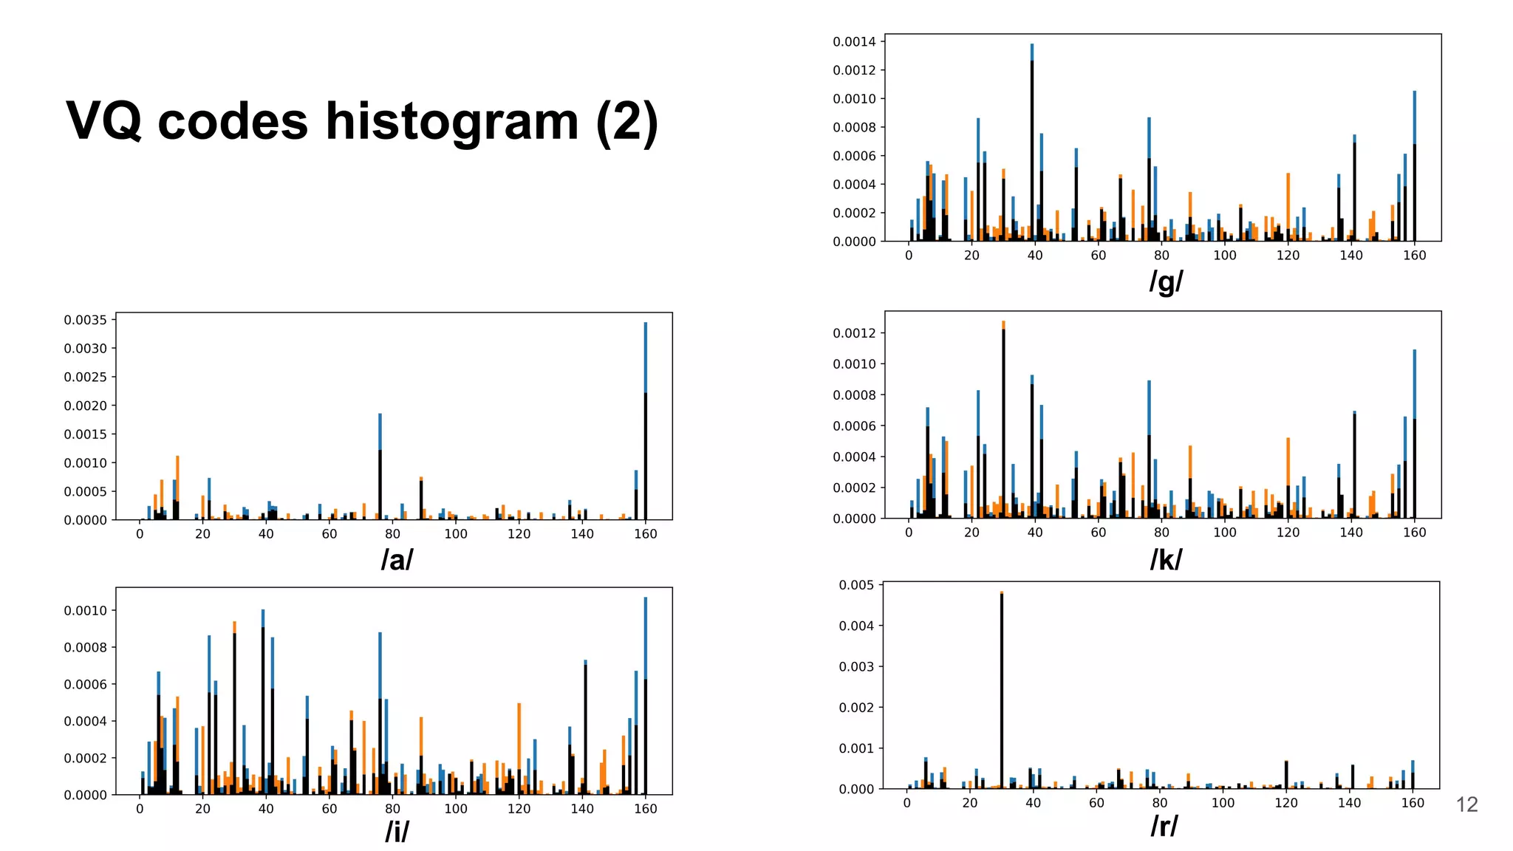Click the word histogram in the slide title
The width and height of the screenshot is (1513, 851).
pos(452,122)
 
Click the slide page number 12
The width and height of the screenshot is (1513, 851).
pos(1466,804)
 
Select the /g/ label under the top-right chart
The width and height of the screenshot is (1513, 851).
pos(1166,281)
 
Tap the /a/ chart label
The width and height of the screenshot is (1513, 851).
pos(397,560)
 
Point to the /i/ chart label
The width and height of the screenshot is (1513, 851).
pos(397,832)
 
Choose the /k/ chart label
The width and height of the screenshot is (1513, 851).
pos(1166,560)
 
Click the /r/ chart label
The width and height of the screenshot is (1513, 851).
pos(1164,826)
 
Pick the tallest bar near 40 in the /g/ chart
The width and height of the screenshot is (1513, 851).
pos(1032,148)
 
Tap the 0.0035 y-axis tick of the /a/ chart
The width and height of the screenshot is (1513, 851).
pos(85,320)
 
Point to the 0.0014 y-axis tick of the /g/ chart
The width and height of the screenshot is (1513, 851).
pos(854,42)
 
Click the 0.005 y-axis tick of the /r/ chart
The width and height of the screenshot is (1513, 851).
pos(856,585)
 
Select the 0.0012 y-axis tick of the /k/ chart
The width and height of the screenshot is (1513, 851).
pos(854,333)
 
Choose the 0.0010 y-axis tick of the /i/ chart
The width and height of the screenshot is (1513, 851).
pos(85,611)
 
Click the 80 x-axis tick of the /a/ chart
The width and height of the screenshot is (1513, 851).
pos(392,534)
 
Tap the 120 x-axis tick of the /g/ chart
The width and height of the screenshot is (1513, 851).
pos(1288,256)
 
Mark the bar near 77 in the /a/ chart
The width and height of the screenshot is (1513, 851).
pos(380,473)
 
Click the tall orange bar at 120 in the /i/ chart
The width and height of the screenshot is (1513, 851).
pos(519,746)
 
